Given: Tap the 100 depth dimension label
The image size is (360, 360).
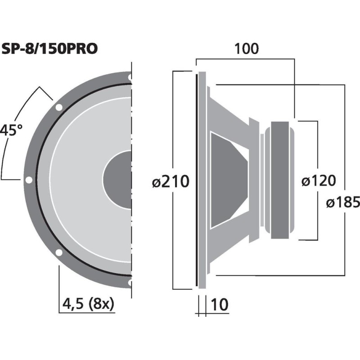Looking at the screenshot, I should point(246,49).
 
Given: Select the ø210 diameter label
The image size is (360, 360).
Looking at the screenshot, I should point(171,182).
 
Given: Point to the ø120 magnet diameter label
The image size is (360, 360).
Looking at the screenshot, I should point(318,181).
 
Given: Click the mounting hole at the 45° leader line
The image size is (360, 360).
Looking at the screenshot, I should point(58,107).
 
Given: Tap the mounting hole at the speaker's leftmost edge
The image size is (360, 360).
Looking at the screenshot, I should point(29,180).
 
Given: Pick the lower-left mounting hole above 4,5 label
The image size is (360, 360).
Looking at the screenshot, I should point(58,252).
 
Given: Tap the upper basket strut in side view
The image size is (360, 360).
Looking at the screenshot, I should point(229,112).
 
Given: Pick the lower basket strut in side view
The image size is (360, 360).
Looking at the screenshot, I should point(229,247).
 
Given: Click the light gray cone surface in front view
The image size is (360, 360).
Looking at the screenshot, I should point(76,180).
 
